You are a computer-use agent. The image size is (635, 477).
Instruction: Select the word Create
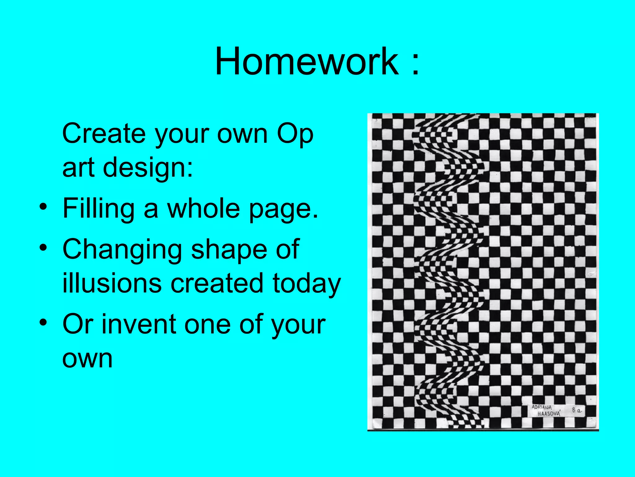click(x=104, y=134)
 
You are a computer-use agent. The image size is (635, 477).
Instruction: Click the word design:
click(x=148, y=168)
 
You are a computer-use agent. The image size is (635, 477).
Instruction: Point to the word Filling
click(x=98, y=208)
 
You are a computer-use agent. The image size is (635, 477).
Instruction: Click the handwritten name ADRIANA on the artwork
click(x=542, y=407)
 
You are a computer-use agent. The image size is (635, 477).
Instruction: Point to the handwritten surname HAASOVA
click(x=549, y=414)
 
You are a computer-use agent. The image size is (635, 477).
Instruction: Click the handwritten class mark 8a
click(x=577, y=410)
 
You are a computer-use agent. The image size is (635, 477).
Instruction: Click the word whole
click(x=203, y=208)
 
